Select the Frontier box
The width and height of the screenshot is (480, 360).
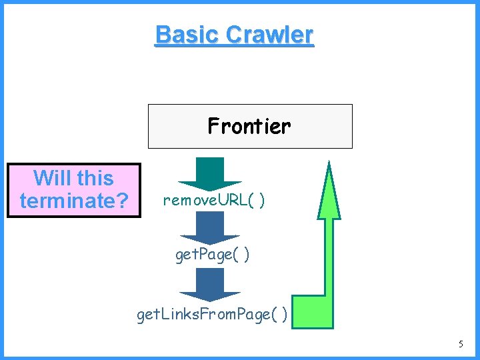(x=249, y=126)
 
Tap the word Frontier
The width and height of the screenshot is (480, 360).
(x=249, y=125)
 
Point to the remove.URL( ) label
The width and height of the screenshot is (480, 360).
(x=213, y=201)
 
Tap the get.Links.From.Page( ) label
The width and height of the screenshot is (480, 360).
(x=212, y=314)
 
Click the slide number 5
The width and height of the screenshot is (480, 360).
(x=460, y=345)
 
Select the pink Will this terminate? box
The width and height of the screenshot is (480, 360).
(x=74, y=190)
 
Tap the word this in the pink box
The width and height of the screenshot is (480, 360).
(x=95, y=179)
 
